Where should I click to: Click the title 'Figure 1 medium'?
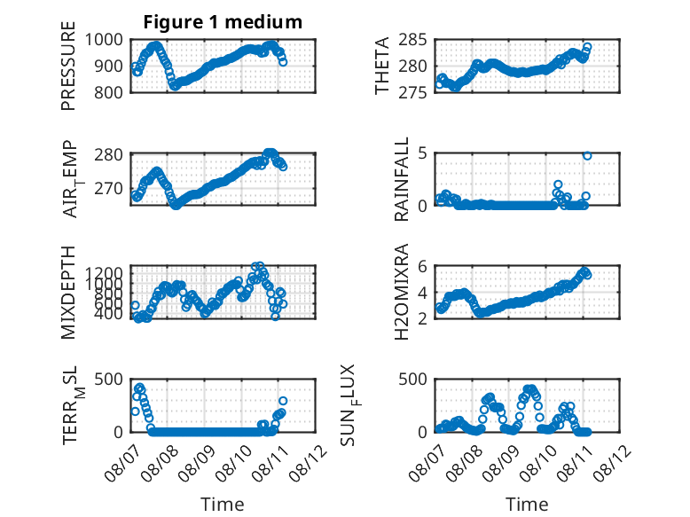click(x=223, y=22)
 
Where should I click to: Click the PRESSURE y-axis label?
click(x=68, y=66)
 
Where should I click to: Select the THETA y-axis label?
click(x=382, y=66)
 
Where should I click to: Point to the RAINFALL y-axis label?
click(x=402, y=179)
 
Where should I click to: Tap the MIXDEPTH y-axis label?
click(x=68, y=292)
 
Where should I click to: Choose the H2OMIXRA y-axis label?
click(x=402, y=292)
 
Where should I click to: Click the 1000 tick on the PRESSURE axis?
click(x=104, y=40)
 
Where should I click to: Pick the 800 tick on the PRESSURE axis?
click(x=108, y=92)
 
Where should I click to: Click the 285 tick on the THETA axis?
click(x=412, y=40)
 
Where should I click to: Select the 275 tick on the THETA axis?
click(x=412, y=92)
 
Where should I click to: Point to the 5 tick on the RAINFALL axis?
click(x=422, y=153)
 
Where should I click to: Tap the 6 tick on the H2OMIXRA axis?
click(x=422, y=266)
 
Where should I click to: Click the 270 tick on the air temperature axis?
click(x=108, y=188)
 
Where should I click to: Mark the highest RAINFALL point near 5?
click(x=587, y=156)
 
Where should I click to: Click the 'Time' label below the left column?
click(x=223, y=504)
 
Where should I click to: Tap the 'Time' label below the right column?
click(x=527, y=504)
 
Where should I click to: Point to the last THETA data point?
click(x=587, y=47)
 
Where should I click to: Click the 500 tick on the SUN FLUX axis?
click(x=412, y=379)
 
